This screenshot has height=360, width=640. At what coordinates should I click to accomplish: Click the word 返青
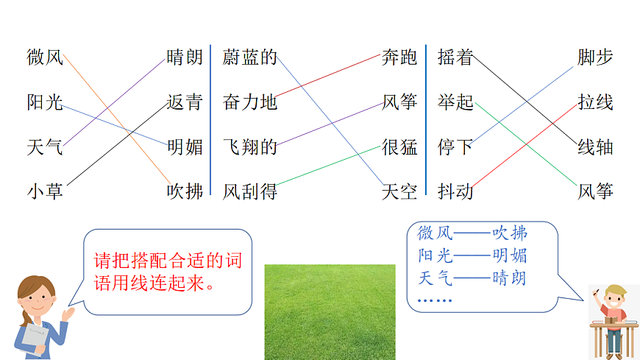(x=184, y=102)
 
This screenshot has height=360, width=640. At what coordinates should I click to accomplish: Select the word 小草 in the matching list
(x=45, y=192)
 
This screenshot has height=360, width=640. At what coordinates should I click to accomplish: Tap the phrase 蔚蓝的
(x=249, y=57)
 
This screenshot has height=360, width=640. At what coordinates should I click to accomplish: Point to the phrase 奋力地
(x=249, y=102)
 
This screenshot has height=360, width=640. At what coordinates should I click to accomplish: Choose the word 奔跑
(x=399, y=57)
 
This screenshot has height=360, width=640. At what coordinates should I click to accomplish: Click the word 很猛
(x=399, y=147)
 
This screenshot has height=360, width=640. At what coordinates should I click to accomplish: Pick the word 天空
(x=399, y=192)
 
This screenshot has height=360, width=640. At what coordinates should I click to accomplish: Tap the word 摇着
(x=455, y=57)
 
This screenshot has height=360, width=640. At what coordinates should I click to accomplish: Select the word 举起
(x=455, y=102)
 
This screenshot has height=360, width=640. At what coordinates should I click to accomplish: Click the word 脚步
(x=595, y=57)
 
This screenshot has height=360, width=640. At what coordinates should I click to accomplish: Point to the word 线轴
(x=595, y=147)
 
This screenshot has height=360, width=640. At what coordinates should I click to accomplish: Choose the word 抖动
(x=455, y=192)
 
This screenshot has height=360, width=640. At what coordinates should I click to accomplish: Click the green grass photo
(x=330, y=312)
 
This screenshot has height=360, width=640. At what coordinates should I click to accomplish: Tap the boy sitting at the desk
(x=613, y=317)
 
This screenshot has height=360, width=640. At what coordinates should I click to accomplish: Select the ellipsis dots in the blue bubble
(x=435, y=300)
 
